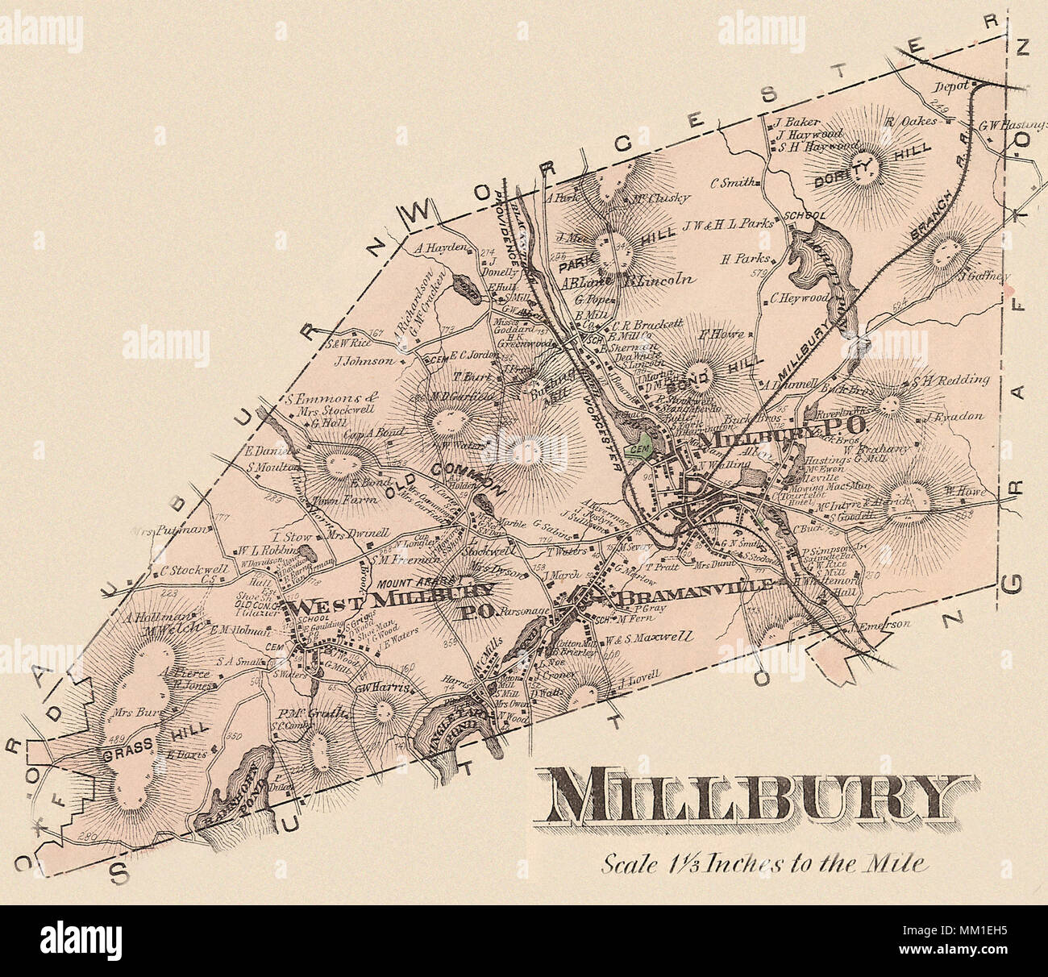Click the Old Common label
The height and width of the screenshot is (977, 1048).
click(451, 477)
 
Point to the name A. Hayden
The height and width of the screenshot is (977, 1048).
click(441, 249)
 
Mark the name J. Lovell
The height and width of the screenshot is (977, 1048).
click(639, 674)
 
